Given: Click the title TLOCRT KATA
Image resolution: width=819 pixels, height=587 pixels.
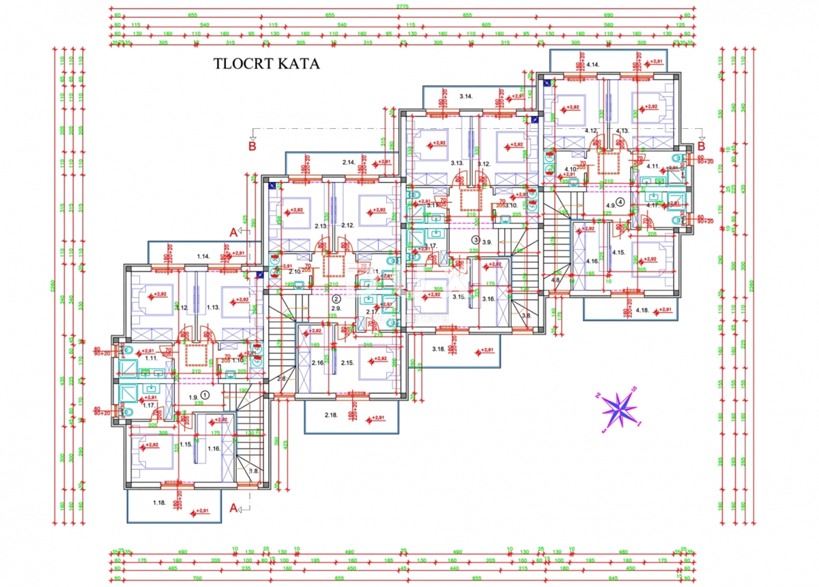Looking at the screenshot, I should (267, 64).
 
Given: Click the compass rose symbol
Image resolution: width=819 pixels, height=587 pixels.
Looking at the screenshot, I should (619, 410).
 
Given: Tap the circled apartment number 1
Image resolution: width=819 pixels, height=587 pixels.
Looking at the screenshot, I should (206, 394).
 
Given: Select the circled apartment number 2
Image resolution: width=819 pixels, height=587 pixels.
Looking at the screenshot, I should (336, 299).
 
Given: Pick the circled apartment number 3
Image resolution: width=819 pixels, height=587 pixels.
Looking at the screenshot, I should (476, 240).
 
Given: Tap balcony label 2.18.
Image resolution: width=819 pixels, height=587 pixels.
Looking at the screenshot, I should (332, 415).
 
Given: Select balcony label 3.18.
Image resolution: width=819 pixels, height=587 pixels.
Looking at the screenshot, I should (439, 349).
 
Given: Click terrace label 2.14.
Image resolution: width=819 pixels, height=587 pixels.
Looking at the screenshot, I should (349, 162).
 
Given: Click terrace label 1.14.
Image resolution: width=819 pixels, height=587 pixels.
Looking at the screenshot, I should (203, 256).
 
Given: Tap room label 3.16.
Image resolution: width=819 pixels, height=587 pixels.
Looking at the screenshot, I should (488, 299).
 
